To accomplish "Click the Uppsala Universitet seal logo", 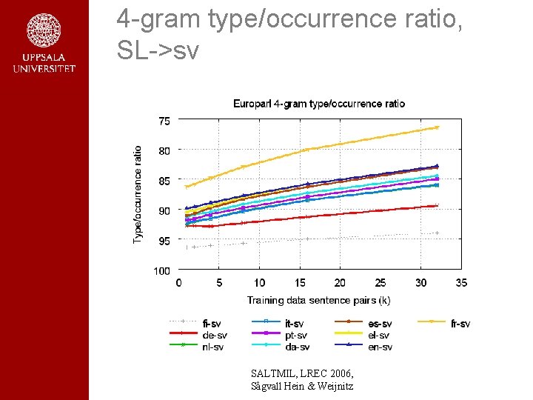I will pos(44,31).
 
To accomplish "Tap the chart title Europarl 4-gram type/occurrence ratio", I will pos(319,104).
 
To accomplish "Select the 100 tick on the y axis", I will pos(161,271).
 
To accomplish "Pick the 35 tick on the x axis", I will pos(460,283).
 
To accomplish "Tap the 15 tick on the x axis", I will pos(299,283).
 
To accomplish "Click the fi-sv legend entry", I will pos(212,324).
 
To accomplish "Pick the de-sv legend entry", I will pos(214,336).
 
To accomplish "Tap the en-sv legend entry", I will pos(380,347).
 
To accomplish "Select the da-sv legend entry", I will pos(297,347).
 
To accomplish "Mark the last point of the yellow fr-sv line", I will pos(437,127).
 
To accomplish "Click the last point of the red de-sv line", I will pos(437,205).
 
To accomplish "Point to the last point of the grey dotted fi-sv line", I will pos(437,233).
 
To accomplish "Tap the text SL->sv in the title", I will pos(158,50).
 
